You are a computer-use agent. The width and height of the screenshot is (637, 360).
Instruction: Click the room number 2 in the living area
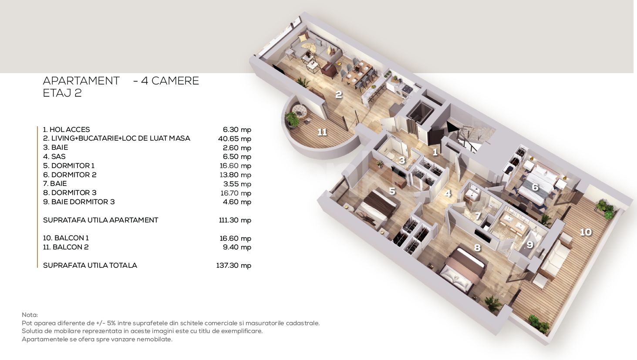tap(338, 94)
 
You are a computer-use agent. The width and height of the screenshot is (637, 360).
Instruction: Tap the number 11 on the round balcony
tap(322, 132)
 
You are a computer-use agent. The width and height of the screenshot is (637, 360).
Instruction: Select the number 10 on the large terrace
tap(586, 232)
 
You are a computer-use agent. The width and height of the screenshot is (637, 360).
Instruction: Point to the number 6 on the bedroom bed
tap(535, 187)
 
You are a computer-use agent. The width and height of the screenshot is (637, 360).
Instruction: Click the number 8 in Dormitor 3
tap(477, 248)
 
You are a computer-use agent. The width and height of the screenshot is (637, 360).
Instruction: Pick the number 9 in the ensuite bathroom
tap(529, 245)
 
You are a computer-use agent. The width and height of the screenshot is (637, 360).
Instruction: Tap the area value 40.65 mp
tap(235, 138)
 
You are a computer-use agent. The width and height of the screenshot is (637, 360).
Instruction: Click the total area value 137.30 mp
tap(234, 265)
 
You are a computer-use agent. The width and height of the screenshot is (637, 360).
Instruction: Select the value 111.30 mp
tap(235, 220)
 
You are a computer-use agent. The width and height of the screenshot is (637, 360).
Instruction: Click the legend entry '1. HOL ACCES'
tap(66, 130)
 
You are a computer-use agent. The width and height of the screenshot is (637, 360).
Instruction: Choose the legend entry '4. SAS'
tap(54, 156)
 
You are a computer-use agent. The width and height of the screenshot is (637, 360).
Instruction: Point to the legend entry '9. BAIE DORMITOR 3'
tap(79, 202)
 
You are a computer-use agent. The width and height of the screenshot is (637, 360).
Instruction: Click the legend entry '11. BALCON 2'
tap(66, 247)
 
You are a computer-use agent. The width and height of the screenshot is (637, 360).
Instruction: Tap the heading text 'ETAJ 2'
tap(62, 93)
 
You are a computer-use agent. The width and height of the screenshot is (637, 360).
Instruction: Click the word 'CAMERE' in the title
tap(175, 81)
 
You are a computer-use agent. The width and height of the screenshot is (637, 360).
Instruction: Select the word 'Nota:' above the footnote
tap(30, 315)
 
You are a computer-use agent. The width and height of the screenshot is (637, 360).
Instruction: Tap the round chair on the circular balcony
tap(299, 111)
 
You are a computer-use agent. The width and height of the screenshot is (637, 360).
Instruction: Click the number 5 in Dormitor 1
tap(392, 191)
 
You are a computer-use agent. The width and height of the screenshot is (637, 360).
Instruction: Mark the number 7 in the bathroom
tap(478, 216)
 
